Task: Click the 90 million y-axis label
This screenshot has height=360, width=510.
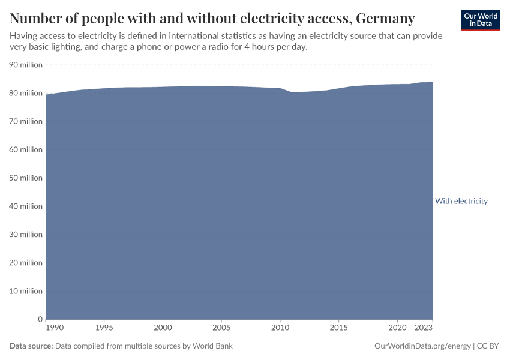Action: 26,65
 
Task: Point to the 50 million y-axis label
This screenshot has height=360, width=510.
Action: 26,178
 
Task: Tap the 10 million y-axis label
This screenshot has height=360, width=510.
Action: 26,291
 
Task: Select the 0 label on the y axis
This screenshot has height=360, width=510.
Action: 40,319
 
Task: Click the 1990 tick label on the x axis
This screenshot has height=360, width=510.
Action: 54,328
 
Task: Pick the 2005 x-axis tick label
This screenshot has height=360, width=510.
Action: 221,328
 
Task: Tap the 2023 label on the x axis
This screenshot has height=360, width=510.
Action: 424,328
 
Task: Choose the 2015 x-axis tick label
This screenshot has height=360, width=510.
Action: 339,328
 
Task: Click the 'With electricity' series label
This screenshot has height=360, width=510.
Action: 461,201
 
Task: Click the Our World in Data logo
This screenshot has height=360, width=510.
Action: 481,20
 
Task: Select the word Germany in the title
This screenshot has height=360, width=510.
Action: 385,19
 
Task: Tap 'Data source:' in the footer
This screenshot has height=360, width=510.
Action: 31,346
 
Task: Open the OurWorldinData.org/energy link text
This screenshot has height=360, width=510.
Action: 422,346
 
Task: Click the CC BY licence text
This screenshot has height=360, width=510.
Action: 488,346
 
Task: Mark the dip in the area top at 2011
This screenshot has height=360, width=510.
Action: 292,92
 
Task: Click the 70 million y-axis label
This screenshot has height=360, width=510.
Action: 26,121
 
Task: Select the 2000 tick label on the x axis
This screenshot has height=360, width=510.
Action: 163,328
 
